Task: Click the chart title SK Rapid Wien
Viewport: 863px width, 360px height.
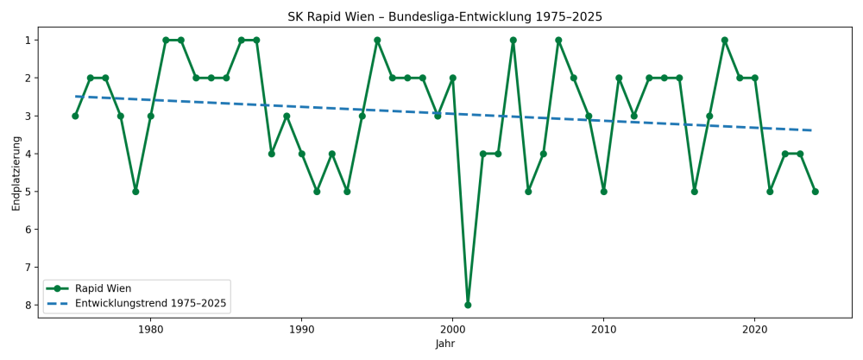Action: click(444, 17)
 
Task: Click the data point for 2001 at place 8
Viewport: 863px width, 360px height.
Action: click(468, 305)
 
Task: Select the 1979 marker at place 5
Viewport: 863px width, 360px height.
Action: click(135, 192)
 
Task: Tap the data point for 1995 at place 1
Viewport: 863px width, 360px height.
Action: click(377, 40)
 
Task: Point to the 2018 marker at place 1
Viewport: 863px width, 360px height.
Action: click(725, 40)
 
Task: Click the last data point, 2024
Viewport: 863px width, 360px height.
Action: click(815, 192)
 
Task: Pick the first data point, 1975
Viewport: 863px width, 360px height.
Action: click(75, 116)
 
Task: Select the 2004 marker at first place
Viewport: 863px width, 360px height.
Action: click(513, 40)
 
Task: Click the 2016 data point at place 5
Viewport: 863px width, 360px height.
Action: click(695, 192)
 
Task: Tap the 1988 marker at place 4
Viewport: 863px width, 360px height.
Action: click(272, 154)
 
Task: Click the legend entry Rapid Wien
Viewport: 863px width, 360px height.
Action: click(104, 288)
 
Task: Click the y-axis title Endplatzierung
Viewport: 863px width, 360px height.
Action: click(16, 172)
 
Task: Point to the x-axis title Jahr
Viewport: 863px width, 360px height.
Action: click(444, 344)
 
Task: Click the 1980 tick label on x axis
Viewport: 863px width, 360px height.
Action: click(151, 329)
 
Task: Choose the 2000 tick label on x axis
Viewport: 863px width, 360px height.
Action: click(453, 329)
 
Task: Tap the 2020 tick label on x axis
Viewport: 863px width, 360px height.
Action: click(755, 329)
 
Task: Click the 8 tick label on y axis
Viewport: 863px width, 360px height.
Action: click(28, 306)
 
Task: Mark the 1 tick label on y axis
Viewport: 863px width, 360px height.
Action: click(28, 41)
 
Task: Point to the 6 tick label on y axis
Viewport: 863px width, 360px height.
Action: click(28, 230)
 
